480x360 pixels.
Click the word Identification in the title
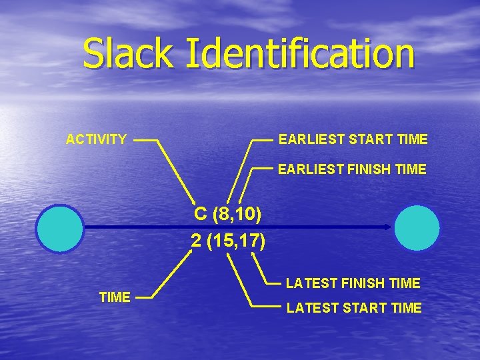(300, 53)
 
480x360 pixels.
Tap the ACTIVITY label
(96, 139)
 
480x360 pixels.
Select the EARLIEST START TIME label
(353, 139)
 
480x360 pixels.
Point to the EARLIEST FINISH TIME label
(352, 169)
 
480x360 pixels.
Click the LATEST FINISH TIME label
(353, 283)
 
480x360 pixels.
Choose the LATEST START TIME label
(353, 308)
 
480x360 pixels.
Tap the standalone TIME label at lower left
(115, 297)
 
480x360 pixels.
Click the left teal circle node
(60, 228)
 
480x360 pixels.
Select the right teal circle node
(417, 228)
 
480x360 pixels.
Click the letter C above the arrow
(200, 214)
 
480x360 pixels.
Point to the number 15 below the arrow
(221, 241)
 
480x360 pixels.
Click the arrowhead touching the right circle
(389, 227)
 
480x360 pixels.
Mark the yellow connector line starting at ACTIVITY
(177, 170)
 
